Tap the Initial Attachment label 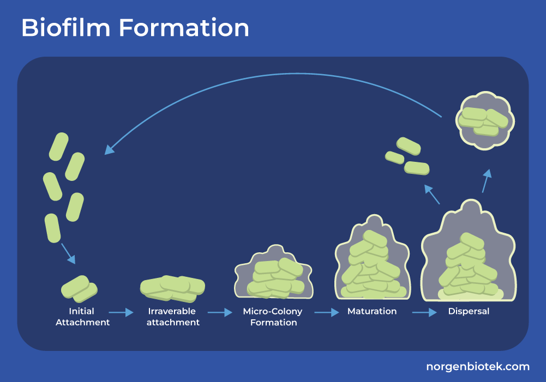click(x=82, y=317)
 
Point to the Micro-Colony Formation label click(x=273, y=317)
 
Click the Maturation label click(x=372, y=312)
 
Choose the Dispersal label click(x=469, y=312)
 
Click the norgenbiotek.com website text click(x=477, y=367)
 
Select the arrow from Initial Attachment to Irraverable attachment click(x=121, y=312)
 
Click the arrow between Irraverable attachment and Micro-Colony click(x=220, y=312)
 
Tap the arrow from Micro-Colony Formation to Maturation click(x=327, y=312)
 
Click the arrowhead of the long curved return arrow click(x=109, y=149)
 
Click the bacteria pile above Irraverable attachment click(x=172, y=288)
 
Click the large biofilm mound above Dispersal click(x=469, y=256)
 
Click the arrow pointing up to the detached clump click(x=485, y=180)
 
